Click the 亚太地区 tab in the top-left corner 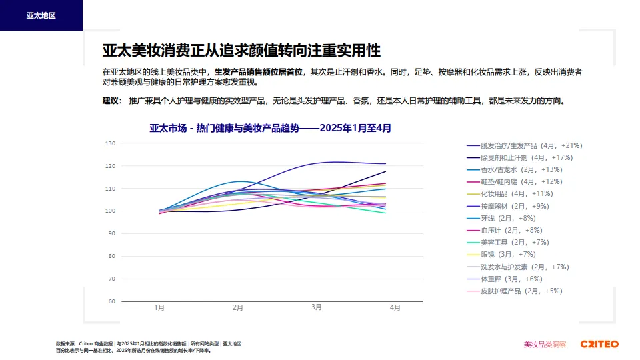point(41,15)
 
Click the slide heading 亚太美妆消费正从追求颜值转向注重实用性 point(241,51)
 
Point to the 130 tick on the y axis point(111,143)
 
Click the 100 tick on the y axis point(111,211)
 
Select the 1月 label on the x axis point(159,308)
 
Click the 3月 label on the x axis point(317,308)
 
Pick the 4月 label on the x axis point(395,308)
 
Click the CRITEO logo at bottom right point(599,344)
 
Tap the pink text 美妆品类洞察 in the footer point(545,345)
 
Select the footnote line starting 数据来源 point(148,343)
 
